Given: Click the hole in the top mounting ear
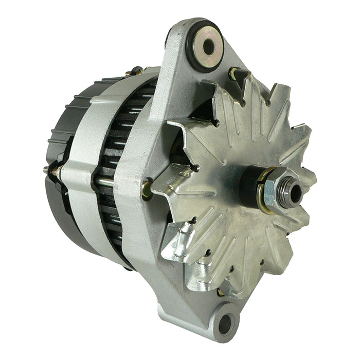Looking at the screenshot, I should point(208,47).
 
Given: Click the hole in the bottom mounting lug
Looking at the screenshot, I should point(226,324).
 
